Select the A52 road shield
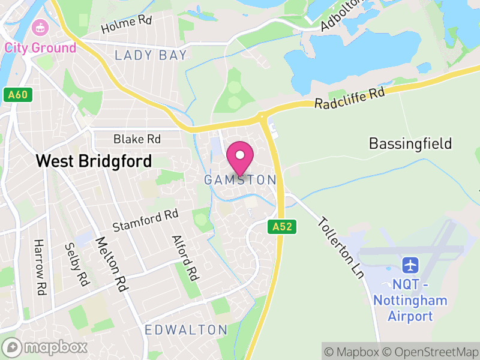tap(281, 227)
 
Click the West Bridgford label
tap(94, 161)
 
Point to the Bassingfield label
tap(410, 144)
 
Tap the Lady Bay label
tap(151, 56)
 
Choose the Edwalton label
tap(186, 330)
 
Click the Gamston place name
tap(240, 180)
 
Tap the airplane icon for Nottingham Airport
tap(410, 265)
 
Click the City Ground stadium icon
tap(41, 27)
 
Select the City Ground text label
tap(41, 47)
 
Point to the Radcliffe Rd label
tap(349, 98)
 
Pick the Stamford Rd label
tap(146, 220)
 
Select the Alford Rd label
tap(184, 258)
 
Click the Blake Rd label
tap(137, 139)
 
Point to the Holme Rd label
tap(127, 25)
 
